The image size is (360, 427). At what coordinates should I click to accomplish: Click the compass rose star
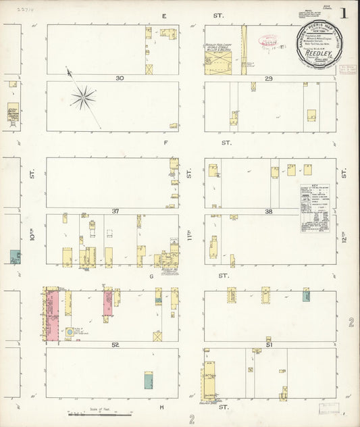point(83,98)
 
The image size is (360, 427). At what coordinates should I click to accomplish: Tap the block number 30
point(120,78)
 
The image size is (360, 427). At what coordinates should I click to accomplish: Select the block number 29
point(269,79)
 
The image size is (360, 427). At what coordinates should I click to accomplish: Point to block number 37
point(115,211)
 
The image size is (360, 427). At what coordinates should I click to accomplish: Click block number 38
point(268,211)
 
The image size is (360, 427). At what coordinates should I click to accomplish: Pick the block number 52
point(115,345)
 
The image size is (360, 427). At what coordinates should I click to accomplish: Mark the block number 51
point(270,345)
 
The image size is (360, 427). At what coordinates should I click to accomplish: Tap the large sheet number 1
point(344,14)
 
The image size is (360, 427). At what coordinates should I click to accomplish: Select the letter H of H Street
point(162,407)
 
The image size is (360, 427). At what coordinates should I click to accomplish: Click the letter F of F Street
point(165,143)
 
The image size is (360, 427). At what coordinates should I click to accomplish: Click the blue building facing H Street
point(148,381)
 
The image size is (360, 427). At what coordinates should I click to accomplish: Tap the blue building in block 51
point(306,295)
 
